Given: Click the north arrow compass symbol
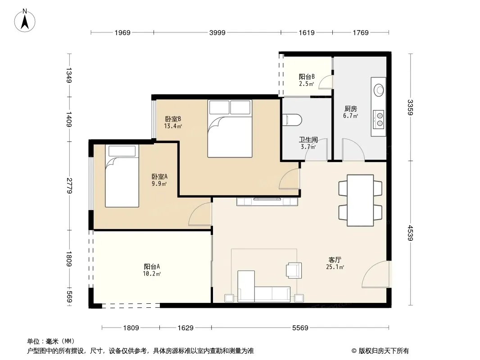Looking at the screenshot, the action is pyautogui.click(x=25, y=21).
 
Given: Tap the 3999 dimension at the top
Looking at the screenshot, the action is pyautogui.click(x=217, y=33).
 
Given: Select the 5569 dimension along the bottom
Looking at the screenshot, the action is pyautogui.click(x=300, y=328).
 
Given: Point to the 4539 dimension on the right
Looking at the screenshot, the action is pyautogui.click(x=411, y=233).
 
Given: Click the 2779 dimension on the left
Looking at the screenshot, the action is pyautogui.click(x=69, y=186).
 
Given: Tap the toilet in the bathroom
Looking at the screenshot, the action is pyautogui.click(x=292, y=120).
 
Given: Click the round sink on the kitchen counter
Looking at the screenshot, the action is pyautogui.click(x=379, y=90).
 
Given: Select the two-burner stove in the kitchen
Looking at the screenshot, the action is pyautogui.click(x=379, y=119).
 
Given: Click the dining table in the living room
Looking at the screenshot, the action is pyautogui.click(x=360, y=200).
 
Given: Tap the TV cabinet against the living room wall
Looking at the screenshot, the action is pyautogui.click(x=267, y=202).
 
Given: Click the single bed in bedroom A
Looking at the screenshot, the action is pyautogui.click(x=122, y=176).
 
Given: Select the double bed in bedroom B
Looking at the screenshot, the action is pyautogui.click(x=230, y=128).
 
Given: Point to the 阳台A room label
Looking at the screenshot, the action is pyautogui.click(x=152, y=266).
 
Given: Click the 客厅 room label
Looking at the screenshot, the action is pyautogui.click(x=335, y=260).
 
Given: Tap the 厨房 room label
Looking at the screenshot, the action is pyautogui.click(x=350, y=108).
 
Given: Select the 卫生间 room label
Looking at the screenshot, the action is pyautogui.click(x=308, y=140).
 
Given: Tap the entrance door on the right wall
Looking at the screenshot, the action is pyautogui.click(x=375, y=274).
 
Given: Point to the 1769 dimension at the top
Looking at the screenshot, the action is pyautogui.click(x=361, y=33).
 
